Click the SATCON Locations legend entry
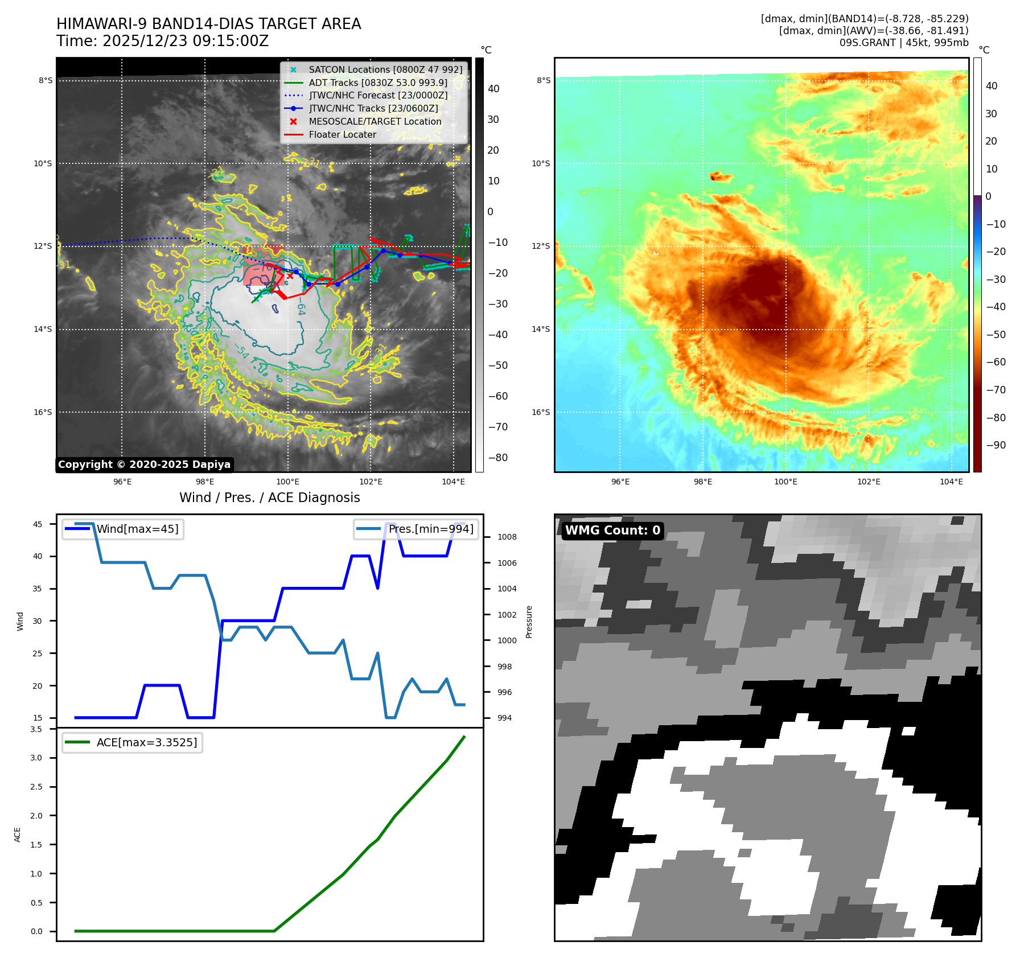click(x=385, y=69)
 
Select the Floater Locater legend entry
click(x=342, y=135)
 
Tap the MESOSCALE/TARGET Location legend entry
click(x=375, y=122)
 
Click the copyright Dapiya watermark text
click(x=144, y=464)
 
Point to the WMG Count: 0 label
click(x=612, y=531)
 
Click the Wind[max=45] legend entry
click(x=137, y=529)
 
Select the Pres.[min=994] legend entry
click(x=430, y=529)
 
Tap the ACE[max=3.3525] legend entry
click(x=146, y=742)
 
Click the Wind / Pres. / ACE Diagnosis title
click(x=269, y=498)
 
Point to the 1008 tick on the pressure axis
click(x=507, y=537)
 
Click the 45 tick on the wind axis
click(x=38, y=524)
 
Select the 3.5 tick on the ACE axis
click(x=36, y=729)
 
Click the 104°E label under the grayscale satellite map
click(x=453, y=482)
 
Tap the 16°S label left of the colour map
click(x=541, y=412)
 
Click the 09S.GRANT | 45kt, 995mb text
click(x=903, y=43)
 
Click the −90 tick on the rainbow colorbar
click(x=995, y=445)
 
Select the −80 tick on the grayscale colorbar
click(x=497, y=458)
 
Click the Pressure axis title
click(x=529, y=622)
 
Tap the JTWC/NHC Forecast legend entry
click(x=378, y=96)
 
